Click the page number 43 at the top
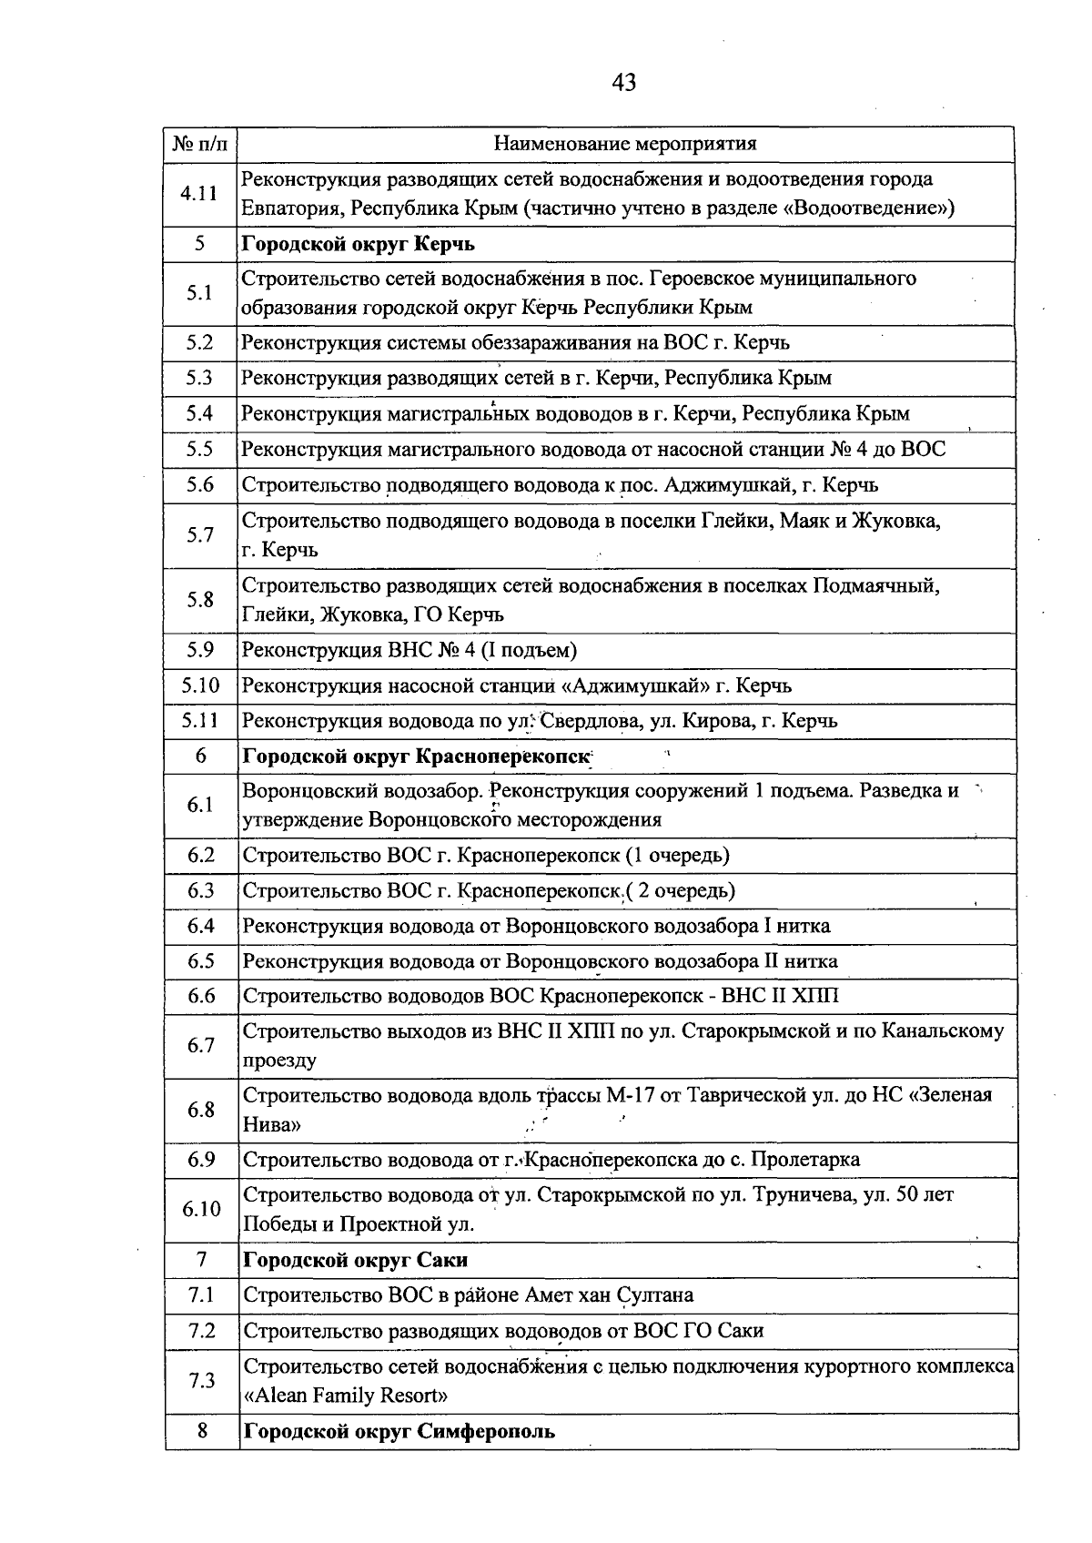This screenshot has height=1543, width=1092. click(x=624, y=83)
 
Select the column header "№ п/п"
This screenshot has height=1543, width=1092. click(x=200, y=144)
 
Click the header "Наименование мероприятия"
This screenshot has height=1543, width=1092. click(x=624, y=144)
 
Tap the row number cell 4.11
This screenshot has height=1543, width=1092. click(x=199, y=193)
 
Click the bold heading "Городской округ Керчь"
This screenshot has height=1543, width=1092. click(x=358, y=244)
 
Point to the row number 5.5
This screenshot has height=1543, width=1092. click(x=199, y=449)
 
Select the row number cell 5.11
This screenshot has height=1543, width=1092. click(x=199, y=720)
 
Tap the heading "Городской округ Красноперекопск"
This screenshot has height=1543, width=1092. click(x=416, y=756)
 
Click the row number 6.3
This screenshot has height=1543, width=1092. click(x=200, y=890)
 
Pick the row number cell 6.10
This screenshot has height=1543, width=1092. click(x=201, y=1209)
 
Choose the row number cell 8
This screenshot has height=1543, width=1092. click(x=202, y=1431)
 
